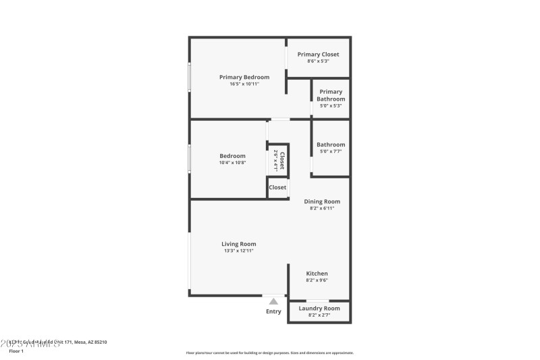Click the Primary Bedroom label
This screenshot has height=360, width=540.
244,77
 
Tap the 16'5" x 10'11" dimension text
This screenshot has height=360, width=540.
244,84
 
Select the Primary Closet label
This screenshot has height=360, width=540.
318,54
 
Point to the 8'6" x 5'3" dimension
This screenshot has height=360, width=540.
318,61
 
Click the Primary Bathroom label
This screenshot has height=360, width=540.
331,95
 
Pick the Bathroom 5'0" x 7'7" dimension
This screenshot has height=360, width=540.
331,151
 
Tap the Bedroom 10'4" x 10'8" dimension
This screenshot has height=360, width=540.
232,162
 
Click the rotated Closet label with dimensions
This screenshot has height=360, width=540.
279,160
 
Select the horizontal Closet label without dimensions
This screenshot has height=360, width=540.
277,187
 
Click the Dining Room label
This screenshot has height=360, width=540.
322,201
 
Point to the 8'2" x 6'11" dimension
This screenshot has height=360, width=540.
322,208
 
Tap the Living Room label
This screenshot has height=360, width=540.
239,244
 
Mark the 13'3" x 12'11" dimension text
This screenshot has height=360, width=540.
239,251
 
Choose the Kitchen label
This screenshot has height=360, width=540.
317,274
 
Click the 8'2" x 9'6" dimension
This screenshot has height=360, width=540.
317,280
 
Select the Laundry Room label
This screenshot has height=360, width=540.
319,308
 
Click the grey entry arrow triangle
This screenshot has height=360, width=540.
273,302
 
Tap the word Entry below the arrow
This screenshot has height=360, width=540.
273,311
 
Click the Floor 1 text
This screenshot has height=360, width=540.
16,351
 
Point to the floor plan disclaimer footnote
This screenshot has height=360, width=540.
269,353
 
